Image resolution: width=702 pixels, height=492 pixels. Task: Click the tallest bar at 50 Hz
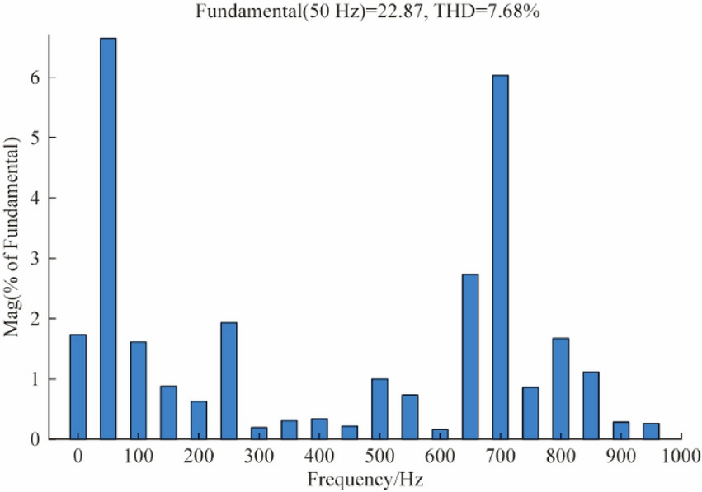tap(108, 239)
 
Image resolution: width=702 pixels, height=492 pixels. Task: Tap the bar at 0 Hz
tap(78, 387)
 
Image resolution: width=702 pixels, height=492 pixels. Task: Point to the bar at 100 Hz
tap(139, 391)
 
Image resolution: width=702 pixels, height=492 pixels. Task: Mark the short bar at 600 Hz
tap(440, 434)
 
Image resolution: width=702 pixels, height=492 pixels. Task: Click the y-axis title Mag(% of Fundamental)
tap(12, 235)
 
